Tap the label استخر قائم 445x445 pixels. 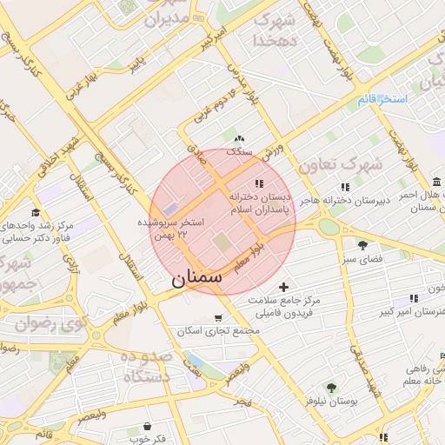click(x=382, y=100)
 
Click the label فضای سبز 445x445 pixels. click(x=362, y=259)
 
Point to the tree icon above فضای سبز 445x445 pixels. click(x=362, y=245)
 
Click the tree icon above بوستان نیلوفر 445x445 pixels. click(x=331, y=388)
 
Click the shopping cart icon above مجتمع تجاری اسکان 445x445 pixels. click(x=217, y=317)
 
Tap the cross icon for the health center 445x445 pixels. click(x=283, y=287)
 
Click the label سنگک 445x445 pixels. click(x=239, y=151)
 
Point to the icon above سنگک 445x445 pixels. click(x=239, y=138)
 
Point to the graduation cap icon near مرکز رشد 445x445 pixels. click(x=36, y=212)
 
